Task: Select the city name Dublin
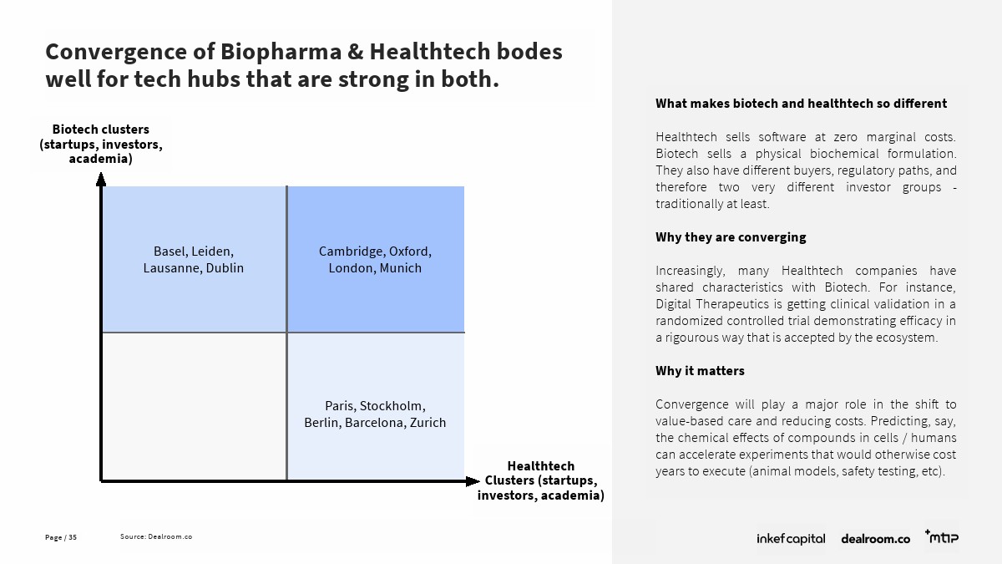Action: click(x=225, y=268)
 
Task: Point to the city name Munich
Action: click(x=400, y=268)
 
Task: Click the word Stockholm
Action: click(x=392, y=406)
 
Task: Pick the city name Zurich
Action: click(x=428, y=423)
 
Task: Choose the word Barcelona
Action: click(x=375, y=423)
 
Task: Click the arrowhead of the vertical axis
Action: click(x=101, y=180)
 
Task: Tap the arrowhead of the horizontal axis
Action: click(x=473, y=481)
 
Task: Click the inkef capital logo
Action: click(x=791, y=538)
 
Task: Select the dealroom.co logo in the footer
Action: click(x=875, y=539)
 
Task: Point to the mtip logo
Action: click(x=942, y=536)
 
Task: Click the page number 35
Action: click(x=73, y=537)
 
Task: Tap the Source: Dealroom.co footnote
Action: click(x=156, y=536)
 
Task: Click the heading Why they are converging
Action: click(x=731, y=237)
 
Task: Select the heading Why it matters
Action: click(x=700, y=371)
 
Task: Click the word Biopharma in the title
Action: click(x=281, y=53)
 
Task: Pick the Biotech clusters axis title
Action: click(x=101, y=144)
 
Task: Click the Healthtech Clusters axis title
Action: click(x=541, y=480)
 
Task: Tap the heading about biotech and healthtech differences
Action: click(x=801, y=104)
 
